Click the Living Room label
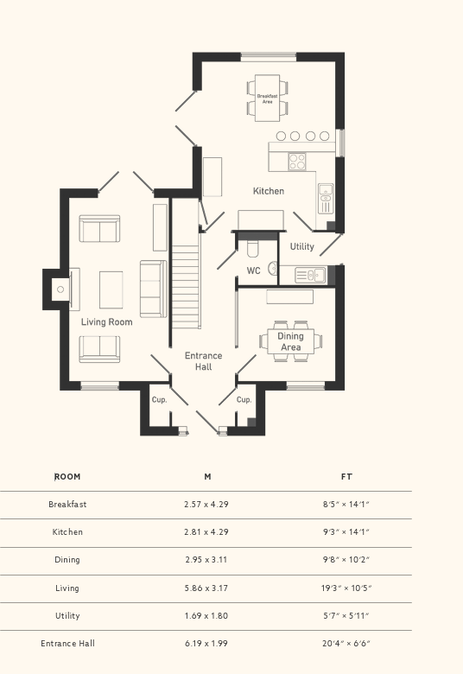click(107, 322)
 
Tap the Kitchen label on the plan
click(268, 191)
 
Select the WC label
click(253, 270)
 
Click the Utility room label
click(301, 246)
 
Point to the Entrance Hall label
click(203, 361)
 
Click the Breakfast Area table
click(267, 99)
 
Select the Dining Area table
click(291, 342)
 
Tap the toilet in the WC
click(252, 249)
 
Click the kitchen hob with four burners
click(297, 161)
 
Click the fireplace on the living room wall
click(60, 289)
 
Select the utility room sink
click(308, 275)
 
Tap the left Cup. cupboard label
click(159, 400)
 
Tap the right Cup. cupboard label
click(244, 400)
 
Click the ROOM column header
click(67, 477)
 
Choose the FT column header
click(346, 477)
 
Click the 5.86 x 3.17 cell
click(206, 588)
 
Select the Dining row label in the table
click(67, 560)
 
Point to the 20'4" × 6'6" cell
click(346, 644)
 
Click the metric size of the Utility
click(206, 616)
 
